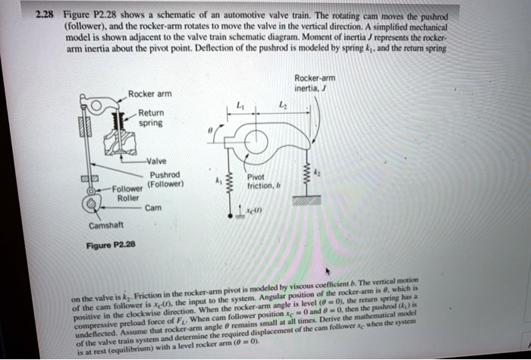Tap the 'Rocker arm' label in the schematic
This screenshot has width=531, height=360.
150,93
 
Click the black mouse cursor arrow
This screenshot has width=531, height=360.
328,271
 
